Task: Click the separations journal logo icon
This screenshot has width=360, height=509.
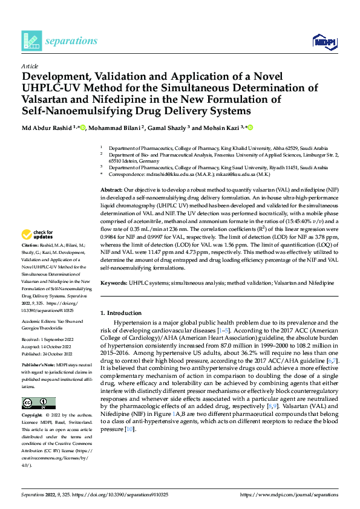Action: coord(31,40)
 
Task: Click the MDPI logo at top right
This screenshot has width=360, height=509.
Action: coord(324,41)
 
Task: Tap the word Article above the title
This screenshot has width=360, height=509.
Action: coord(30,66)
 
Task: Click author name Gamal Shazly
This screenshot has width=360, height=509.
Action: coord(171,128)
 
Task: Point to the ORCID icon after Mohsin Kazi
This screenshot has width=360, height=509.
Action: coord(249,128)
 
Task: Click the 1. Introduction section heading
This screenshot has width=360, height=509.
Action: coord(121,313)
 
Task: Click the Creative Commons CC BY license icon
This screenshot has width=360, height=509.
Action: coord(38,403)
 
